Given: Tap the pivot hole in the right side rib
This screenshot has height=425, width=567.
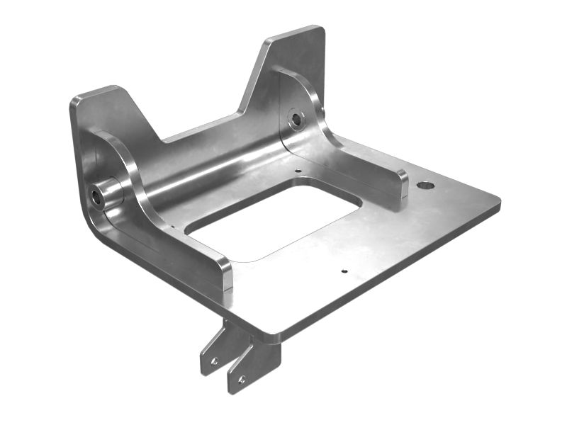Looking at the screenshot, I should pyautogui.click(x=296, y=120).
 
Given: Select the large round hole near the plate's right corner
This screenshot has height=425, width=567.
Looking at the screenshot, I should pyautogui.click(x=425, y=186).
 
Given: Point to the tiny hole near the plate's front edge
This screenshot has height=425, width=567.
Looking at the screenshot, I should pyautogui.click(x=344, y=270).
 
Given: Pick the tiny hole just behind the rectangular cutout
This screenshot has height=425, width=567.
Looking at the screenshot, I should pyautogui.click(x=298, y=171).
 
